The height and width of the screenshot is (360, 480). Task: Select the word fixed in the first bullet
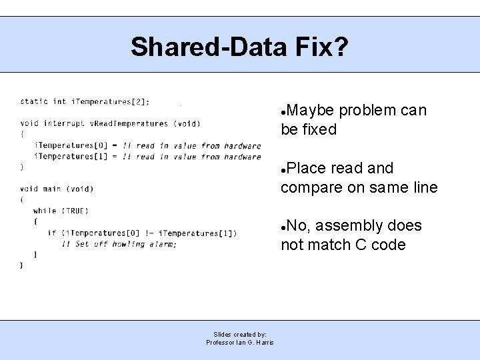(319, 130)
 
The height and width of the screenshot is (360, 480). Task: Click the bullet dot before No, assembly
(284, 227)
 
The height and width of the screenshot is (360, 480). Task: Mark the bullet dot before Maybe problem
(284, 112)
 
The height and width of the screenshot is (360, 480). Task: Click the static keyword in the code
(34, 101)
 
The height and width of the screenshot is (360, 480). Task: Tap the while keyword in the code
(45, 211)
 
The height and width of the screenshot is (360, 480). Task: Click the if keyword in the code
(51, 233)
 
